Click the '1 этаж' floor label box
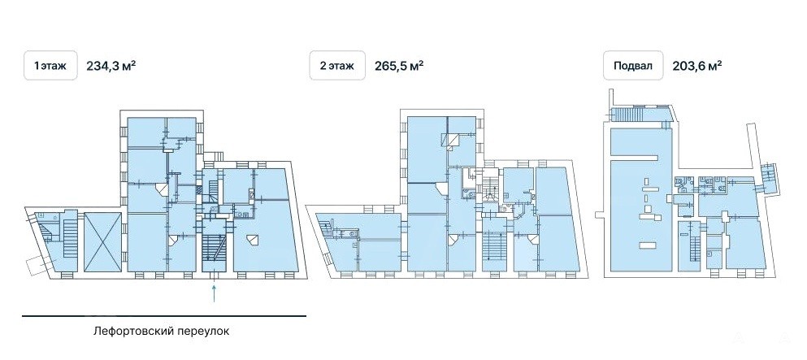pos(50,65)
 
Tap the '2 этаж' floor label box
pos(337,65)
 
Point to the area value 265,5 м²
pos(399,66)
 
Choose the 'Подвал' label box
pos(633,65)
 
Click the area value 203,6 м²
pos(696,66)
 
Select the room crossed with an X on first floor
pos(103,241)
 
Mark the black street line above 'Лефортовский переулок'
pos(164,315)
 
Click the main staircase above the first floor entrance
pos(215,250)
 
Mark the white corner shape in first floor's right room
pos(252,240)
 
